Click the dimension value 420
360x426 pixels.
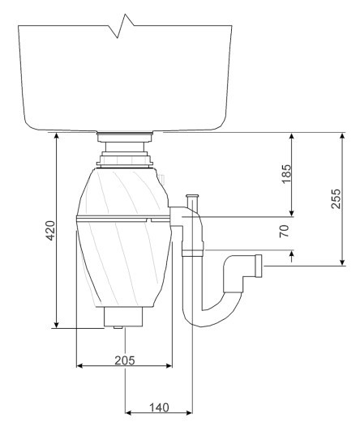[50, 231]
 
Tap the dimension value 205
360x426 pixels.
[125, 360]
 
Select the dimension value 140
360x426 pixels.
[160, 407]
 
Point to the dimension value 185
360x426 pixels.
[286, 174]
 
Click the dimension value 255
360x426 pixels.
[336, 198]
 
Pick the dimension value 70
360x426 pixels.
[284, 231]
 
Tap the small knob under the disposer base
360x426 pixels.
[118, 327]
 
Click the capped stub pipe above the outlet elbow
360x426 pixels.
[192, 202]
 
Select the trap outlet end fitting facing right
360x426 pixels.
[259, 266]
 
